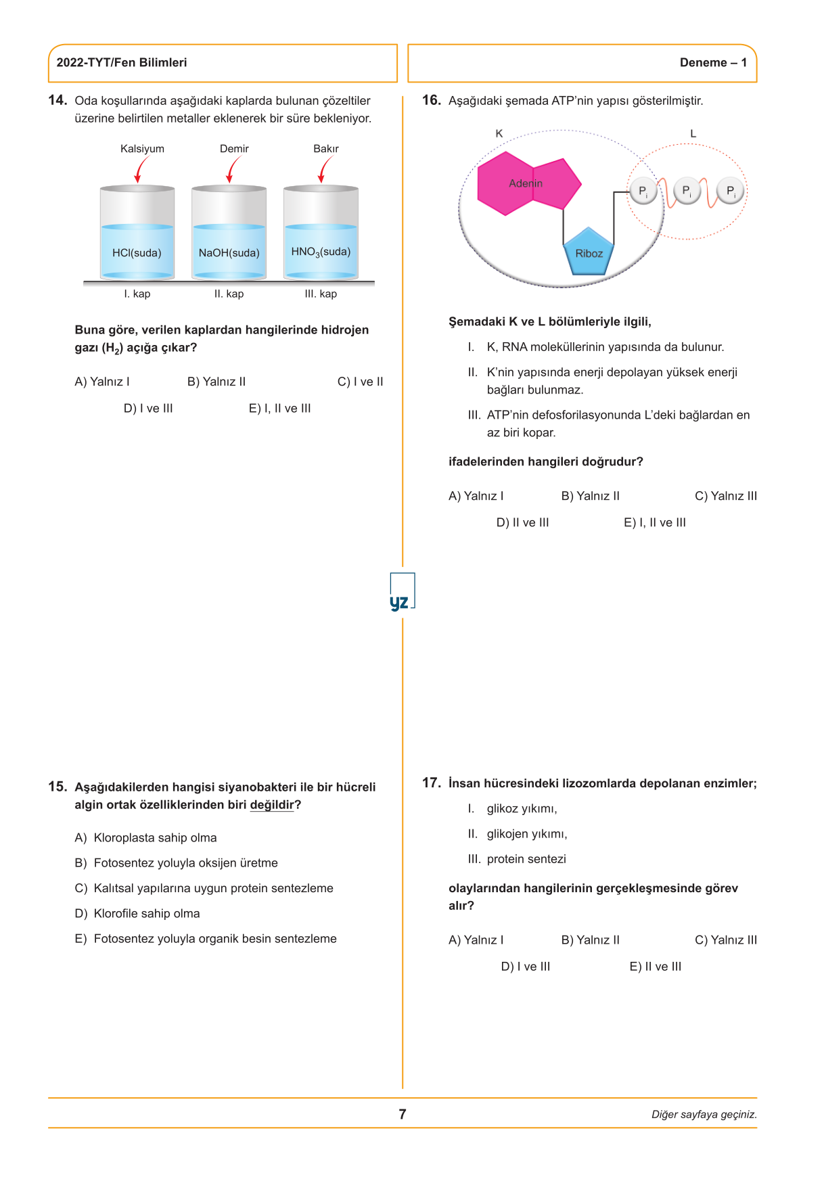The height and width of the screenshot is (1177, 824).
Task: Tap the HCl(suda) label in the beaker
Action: click(x=137, y=253)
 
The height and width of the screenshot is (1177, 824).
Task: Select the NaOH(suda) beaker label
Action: click(x=229, y=253)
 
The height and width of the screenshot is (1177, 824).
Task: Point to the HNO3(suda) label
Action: click(x=321, y=252)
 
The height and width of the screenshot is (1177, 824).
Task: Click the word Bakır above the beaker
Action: click(x=325, y=149)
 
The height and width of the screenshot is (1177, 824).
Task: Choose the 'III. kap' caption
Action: click(x=321, y=294)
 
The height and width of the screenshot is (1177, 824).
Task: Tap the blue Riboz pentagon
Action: click(x=589, y=253)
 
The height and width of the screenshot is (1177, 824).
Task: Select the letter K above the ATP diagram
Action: click(x=499, y=133)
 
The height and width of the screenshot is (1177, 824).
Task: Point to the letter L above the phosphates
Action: click(x=693, y=133)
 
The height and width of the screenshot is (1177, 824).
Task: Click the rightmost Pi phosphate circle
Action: click(x=731, y=191)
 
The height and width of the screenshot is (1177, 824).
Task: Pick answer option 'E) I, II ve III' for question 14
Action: click(x=279, y=409)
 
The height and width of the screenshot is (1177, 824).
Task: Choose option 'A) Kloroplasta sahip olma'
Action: click(x=146, y=838)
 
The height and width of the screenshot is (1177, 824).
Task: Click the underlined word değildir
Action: click(x=272, y=805)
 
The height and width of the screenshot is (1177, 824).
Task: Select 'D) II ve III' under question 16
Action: click(x=522, y=523)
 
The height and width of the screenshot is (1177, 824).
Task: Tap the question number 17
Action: click(x=431, y=783)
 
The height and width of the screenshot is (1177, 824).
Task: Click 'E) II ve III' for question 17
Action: click(x=655, y=967)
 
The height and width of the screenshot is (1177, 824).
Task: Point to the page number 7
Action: click(x=403, y=1114)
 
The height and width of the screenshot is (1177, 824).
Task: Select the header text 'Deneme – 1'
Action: click(x=713, y=63)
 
